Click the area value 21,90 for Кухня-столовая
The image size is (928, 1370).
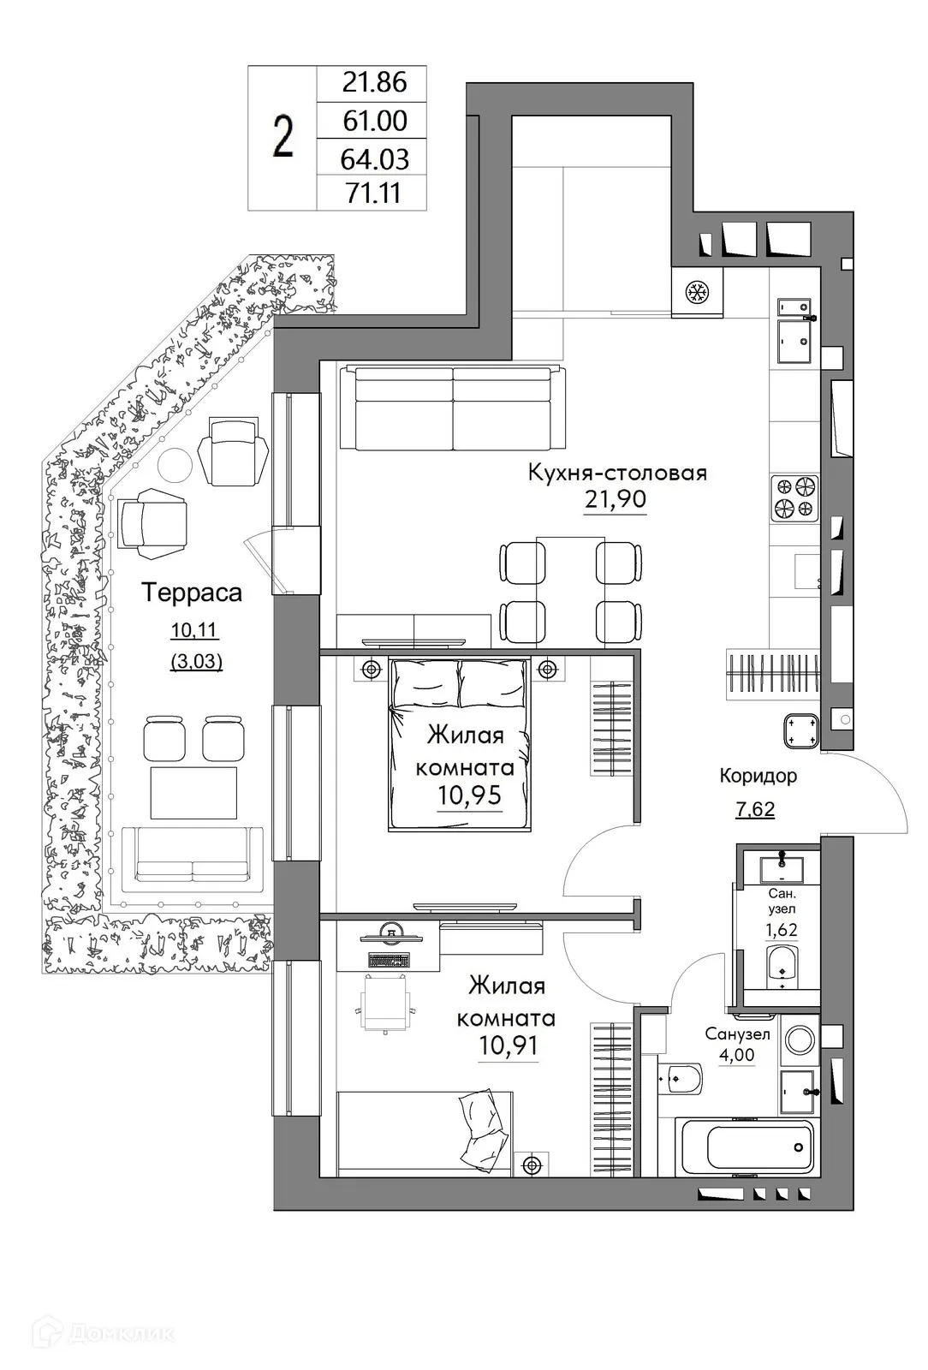[615, 499]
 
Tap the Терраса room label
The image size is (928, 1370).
[192, 592]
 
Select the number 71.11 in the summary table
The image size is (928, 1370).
[372, 194]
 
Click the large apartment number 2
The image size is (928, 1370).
[283, 138]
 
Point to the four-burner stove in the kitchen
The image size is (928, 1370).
[795, 498]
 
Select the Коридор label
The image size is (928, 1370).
[758, 776]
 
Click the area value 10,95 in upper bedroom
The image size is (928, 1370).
[469, 796]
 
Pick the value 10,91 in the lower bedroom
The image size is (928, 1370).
[509, 1046]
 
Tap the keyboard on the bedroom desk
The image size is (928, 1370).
[389, 958]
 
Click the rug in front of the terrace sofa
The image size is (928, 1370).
[193, 793]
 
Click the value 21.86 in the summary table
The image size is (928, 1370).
[372, 83]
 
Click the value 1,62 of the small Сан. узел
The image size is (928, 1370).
[780, 931]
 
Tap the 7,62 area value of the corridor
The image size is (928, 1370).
[755, 809]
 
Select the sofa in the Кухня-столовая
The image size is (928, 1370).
[451, 407]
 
